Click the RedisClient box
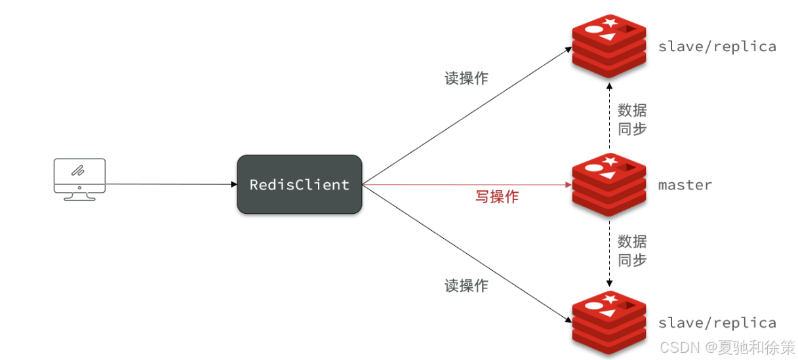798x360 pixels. pyautogui.click(x=299, y=184)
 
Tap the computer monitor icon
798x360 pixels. pyautogui.click(x=79, y=178)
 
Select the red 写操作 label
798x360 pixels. pyautogui.click(x=496, y=197)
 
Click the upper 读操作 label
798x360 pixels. pyautogui.click(x=466, y=78)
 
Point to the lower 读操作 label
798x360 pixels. pyautogui.click(x=466, y=285)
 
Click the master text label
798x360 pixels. pyautogui.click(x=685, y=185)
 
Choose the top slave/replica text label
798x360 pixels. pyautogui.click(x=717, y=47)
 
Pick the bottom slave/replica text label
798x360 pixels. pyautogui.click(x=717, y=323)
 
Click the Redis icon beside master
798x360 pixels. pyautogui.click(x=608, y=184)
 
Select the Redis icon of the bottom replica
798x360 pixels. pyautogui.click(x=608, y=323)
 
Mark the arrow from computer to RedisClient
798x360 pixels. pyautogui.click(x=170, y=184)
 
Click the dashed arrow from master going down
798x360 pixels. pyautogui.click(x=609, y=252)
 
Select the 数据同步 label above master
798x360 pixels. pyautogui.click(x=632, y=119)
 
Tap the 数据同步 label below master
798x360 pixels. pyautogui.click(x=632, y=250)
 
